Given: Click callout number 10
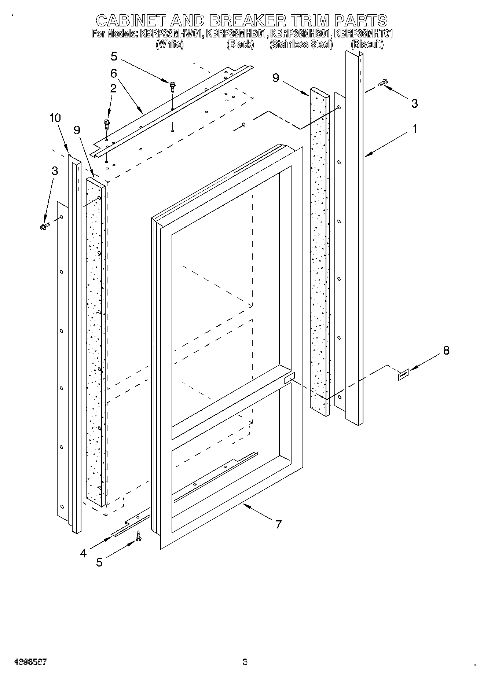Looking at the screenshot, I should tap(55, 118).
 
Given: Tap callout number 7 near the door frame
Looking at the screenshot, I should tap(278, 524).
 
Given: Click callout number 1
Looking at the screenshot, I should tap(414, 129).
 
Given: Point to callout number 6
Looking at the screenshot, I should tap(113, 74).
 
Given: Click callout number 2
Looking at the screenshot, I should tap(113, 88).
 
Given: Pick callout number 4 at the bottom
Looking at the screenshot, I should tap(83, 553).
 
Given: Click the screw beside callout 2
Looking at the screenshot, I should tap(107, 124).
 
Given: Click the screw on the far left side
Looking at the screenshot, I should tap(44, 226).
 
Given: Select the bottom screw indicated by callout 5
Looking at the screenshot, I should tap(138, 536).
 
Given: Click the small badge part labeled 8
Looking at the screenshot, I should tap(403, 376).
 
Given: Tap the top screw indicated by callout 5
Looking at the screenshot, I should tap(172, 87).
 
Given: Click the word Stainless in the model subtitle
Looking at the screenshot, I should tap(290, 45).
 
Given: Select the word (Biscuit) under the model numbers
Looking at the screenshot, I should tap(367, 45).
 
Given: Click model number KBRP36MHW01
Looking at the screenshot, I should tap(171, 34).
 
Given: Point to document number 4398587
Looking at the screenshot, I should tap(30, 662).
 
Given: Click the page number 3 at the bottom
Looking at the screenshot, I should tap(245, 662).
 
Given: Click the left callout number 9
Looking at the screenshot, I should tap(77, 130).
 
